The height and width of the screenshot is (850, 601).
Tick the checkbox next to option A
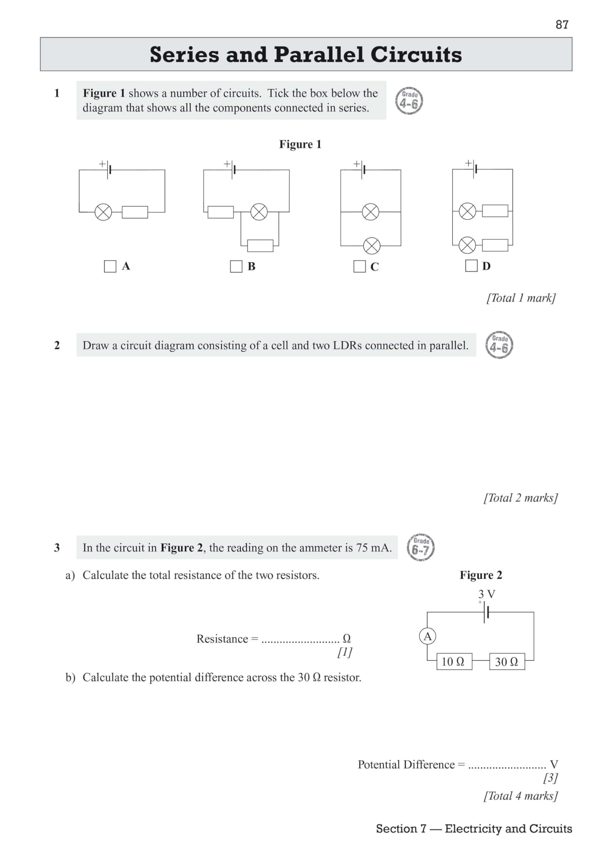coord(110,266)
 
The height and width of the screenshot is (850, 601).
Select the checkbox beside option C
coord(359,266)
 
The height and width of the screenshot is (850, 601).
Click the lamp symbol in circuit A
coord(103,212)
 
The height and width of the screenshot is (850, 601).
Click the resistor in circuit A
coord(135,212)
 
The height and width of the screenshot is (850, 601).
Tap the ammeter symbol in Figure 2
coord(427,637)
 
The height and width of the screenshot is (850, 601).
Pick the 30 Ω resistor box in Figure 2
coord(507,661)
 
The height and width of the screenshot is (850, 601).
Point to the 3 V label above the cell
coord(486,594)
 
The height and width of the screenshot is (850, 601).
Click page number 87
coord(562,25)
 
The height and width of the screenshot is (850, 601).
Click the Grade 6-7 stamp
coord(421,547)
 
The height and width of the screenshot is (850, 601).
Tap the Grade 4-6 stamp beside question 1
coord(409,101)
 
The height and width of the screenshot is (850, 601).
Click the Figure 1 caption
coord(300,144)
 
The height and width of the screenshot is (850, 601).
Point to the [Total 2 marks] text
coord(520,498)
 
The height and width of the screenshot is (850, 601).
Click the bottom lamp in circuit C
coord(372,245)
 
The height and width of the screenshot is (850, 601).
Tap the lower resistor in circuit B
coord(260,245)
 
